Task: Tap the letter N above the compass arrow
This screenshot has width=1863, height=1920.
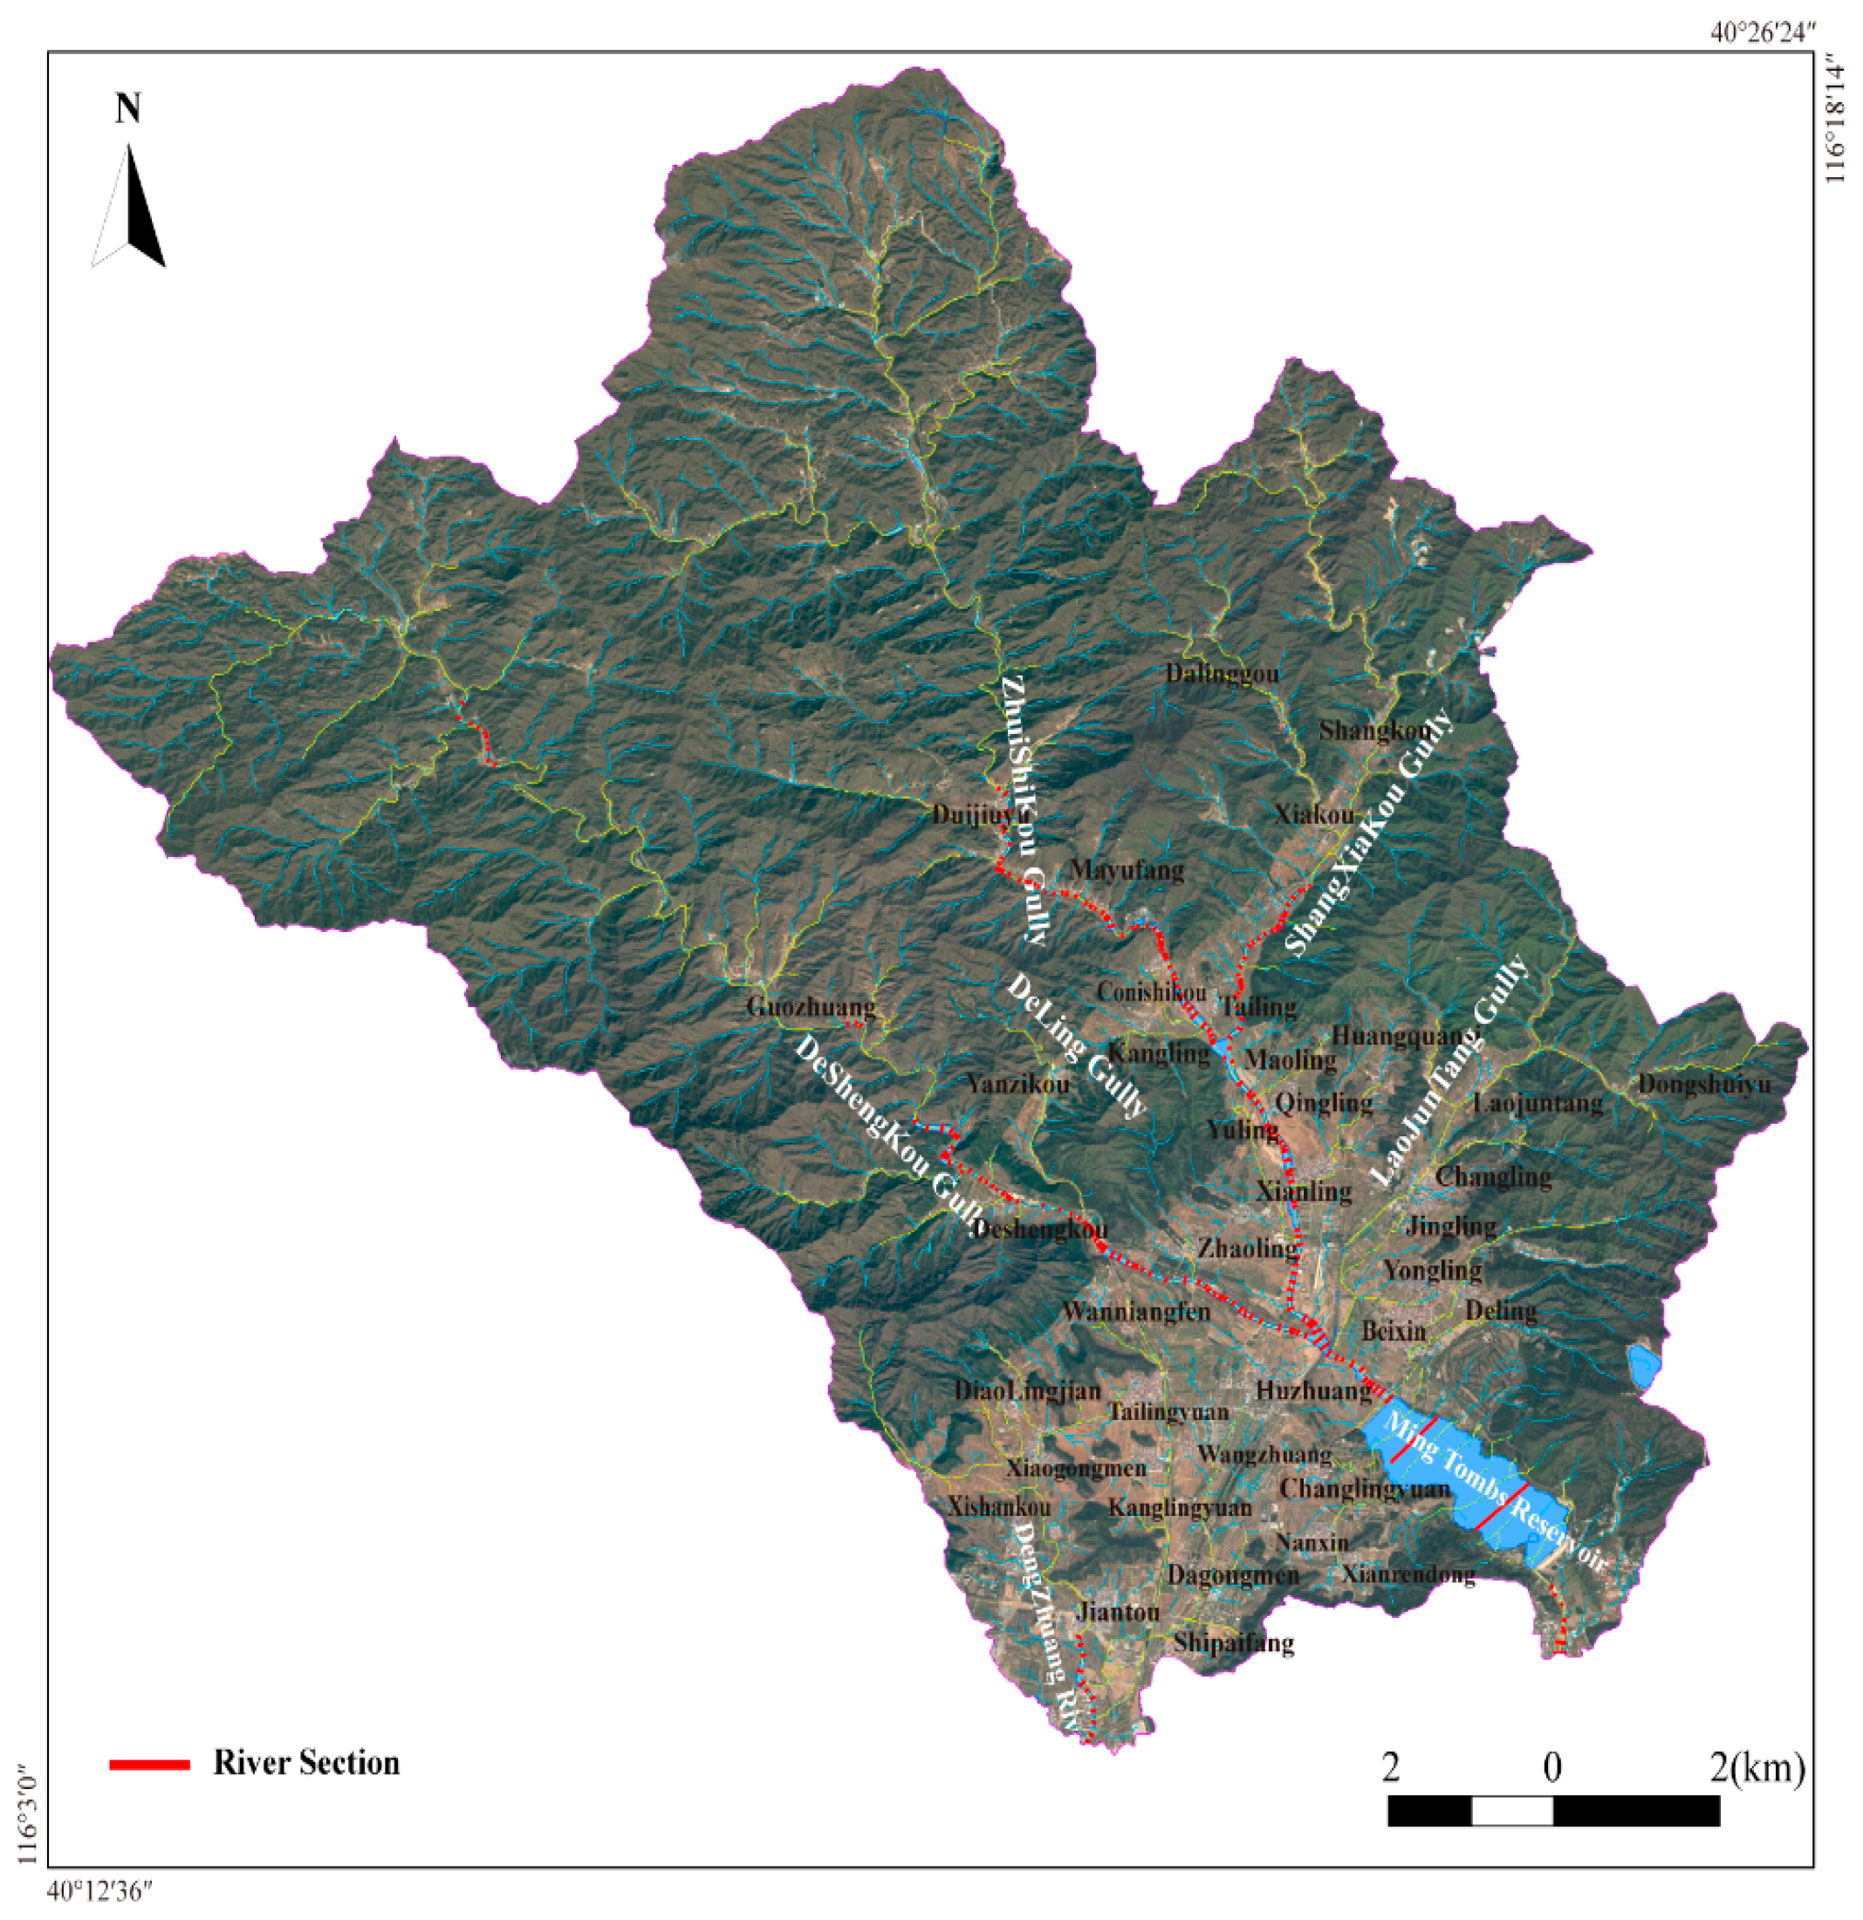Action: (128, 107)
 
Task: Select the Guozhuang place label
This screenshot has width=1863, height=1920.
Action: (810, 1006)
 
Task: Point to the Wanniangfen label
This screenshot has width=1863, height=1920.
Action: (1136, 1311)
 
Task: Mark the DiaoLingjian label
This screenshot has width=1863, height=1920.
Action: (1028, 1390)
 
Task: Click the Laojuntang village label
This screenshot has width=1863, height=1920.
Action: (1538, 1103)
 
